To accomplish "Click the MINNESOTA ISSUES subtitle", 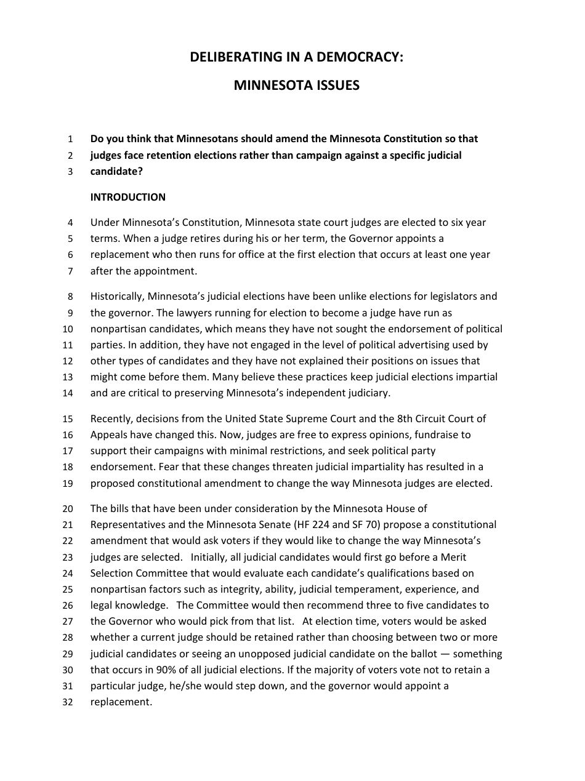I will pyautogui.click(x=296, y=86).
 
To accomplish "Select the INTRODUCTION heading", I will pyautogui.click(x=128, y=197).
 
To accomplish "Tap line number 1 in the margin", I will pyautogui.click(x=70, y=139).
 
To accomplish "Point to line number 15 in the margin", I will pyautogui.click(x=68, y=419).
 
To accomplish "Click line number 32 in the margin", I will pyautogui.click(x=68, y=702).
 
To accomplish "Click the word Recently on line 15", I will pyautogui.click(x=110, y=419).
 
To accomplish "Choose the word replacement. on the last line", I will pyautogui.click(x=121, y=702).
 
